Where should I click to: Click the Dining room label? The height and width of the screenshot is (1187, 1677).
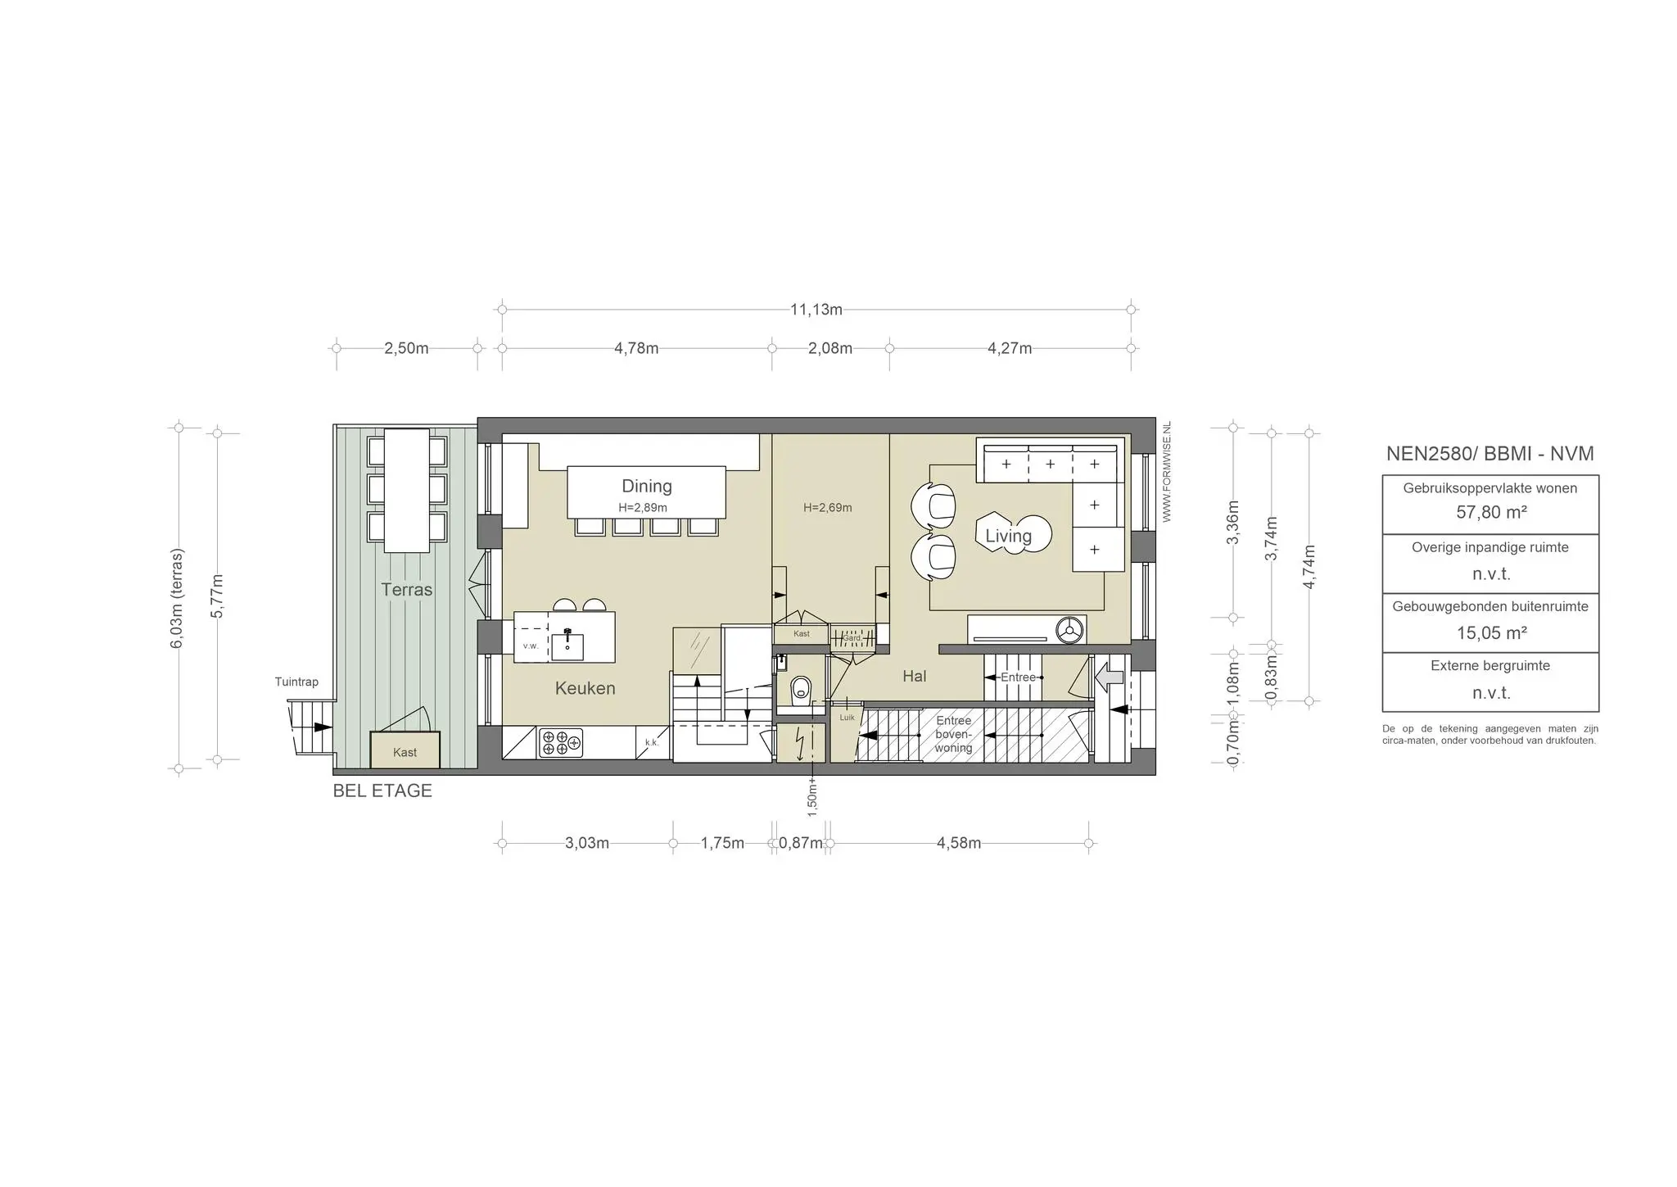(646, 486)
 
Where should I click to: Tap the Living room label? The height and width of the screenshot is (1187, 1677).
(1008, 536)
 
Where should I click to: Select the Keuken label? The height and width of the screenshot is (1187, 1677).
(585, 688)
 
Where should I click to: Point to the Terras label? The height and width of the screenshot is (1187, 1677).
(406, 589)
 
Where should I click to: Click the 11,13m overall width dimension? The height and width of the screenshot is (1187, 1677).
(816, 310)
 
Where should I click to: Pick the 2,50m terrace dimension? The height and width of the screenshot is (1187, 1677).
(406, 348)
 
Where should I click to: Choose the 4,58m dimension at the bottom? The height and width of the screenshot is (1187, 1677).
(959, 843)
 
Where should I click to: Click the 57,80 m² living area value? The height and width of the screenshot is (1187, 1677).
(1490, 513)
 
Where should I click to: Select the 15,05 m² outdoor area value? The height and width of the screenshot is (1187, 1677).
(1490, 632)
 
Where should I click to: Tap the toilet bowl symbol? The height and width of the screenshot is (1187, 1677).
(800, 690)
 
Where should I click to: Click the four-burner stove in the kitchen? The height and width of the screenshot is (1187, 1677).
(561, 742)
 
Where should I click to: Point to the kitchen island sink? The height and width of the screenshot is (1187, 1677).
(567, 644)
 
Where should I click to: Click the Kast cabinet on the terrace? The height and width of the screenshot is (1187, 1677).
(405, 750)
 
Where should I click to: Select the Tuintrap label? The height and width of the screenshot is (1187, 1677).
(296, 682)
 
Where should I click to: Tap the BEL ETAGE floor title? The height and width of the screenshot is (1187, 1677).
(382, 791)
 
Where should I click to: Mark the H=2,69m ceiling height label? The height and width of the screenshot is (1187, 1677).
(828, 508)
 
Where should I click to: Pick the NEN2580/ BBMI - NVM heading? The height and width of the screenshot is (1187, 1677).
(1490, 454)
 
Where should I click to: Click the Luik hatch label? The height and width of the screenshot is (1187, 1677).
(847, 718)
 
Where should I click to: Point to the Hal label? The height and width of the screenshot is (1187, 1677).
(915, 676)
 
